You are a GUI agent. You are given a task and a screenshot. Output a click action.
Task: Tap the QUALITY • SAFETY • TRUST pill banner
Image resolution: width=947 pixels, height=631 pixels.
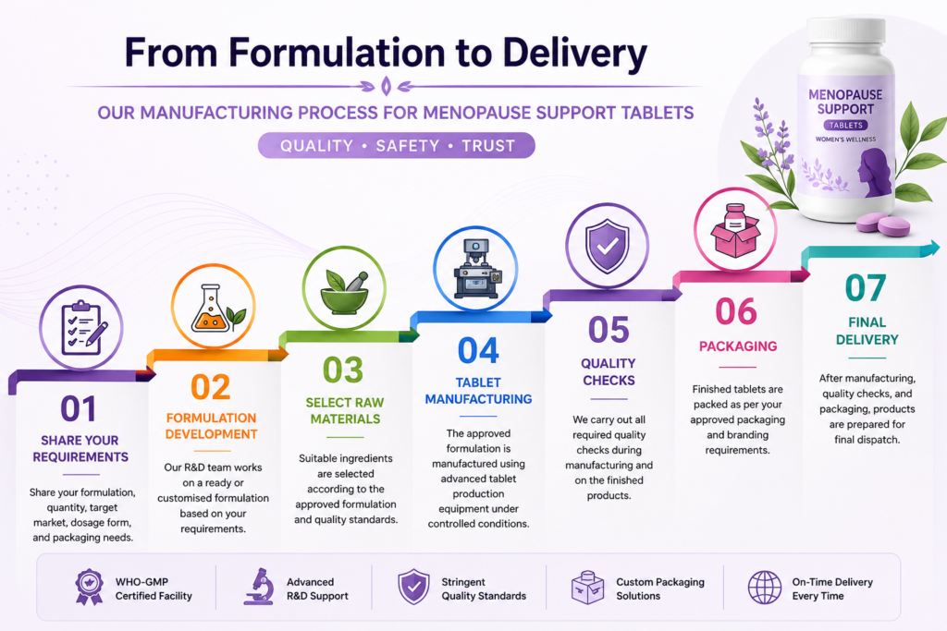point(396,145)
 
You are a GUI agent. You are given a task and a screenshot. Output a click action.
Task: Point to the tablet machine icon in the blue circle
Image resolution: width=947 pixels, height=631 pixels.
point(477,269)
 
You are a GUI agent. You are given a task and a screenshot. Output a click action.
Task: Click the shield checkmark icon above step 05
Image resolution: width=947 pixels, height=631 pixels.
point(607,246)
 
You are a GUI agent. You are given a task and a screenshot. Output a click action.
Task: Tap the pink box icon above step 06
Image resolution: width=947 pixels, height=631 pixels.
point(735,230)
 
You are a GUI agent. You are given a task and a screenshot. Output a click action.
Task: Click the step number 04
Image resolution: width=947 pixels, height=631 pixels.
point(478,350)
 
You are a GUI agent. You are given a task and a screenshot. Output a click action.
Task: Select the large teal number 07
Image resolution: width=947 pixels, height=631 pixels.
point(866,287)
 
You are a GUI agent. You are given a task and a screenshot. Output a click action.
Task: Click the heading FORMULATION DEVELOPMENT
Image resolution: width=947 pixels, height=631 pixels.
point(212,426)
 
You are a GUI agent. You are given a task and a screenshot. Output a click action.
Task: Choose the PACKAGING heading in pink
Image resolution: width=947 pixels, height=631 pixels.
point(738,346)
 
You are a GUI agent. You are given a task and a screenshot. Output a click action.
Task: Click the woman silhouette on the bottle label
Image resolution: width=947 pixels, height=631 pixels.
point(876,173)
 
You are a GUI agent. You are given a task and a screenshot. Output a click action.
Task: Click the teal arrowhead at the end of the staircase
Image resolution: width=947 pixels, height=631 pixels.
point(932,248)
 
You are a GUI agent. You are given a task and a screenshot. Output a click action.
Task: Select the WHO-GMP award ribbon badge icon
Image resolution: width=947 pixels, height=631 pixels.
point(89,587)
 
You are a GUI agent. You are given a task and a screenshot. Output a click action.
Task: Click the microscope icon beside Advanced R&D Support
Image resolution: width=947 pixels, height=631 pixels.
point(259,587)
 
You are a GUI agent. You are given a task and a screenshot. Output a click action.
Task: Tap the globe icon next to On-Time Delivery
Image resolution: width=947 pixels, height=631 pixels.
point(765,588)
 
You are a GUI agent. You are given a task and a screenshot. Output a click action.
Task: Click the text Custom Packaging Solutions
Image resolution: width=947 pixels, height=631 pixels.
point(660,589)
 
